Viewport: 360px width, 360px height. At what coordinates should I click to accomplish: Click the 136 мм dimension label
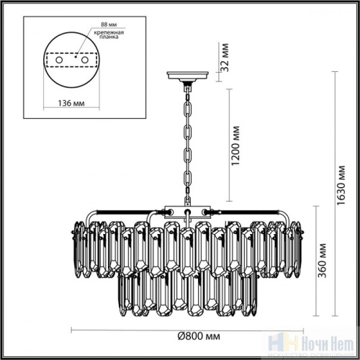tap(70, 102)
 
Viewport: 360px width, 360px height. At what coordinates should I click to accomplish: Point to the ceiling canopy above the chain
tap(187, 75)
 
